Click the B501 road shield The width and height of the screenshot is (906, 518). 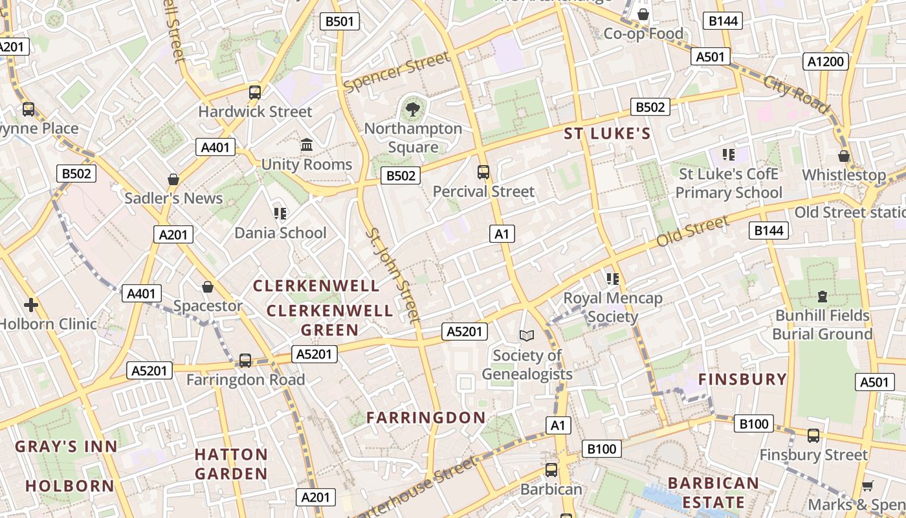pos(340,21)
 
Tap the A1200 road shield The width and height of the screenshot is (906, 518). pos(826,62)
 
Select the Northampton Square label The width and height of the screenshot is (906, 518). pos(413,137)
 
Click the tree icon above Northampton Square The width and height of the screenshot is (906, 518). pos(412,109)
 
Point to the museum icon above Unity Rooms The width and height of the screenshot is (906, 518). pos(307,144)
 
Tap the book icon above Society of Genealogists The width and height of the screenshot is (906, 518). pos(527,335)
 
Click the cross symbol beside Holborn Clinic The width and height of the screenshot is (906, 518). pos(30,304)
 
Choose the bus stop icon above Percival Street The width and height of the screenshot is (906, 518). pos(483,172)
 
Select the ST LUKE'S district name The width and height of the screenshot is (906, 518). pos(607,134)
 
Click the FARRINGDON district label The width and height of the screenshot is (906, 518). pos(426,418)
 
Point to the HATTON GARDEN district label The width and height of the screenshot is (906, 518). pos(231,464)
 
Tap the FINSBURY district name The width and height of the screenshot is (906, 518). pos(742,379)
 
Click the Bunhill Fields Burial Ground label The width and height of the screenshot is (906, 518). pos(823,324)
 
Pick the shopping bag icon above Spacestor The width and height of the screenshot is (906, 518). pos(208,286)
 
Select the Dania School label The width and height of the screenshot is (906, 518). pos(280,232)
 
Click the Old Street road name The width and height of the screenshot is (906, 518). pos(692,232)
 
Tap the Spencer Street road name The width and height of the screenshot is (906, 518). pos(397,72)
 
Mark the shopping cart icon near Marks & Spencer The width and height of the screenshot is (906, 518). pos(868,486)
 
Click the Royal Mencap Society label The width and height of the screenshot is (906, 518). pos(613,308)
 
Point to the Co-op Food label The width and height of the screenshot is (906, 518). pos(643,34)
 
